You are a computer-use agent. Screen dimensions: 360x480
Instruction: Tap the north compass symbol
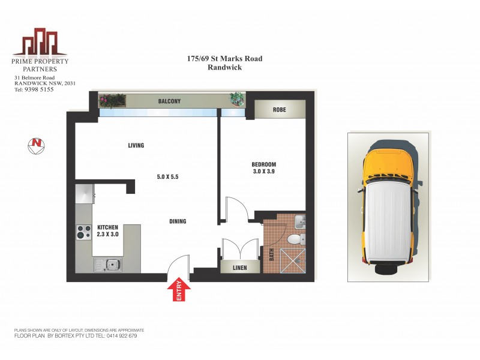37,146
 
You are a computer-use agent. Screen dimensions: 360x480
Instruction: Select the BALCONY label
169,101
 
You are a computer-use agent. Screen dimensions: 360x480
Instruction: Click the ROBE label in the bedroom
279,110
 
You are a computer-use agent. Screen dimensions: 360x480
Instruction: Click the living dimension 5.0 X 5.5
167,177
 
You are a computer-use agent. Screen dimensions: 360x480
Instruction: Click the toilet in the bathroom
294,240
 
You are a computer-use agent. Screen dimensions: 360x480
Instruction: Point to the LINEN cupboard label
240,268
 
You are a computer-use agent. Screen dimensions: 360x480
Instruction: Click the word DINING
178,221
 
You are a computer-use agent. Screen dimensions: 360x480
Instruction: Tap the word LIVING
136,145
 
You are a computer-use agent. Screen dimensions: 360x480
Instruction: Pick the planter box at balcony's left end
113,100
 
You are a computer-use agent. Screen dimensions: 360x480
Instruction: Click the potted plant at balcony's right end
237,99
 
